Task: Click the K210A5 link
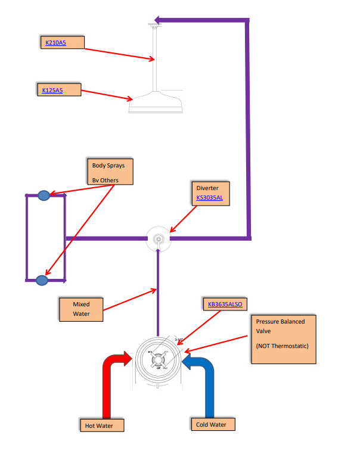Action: (55, 43)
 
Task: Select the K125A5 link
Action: (52, 91)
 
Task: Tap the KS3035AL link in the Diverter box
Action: (209, 197)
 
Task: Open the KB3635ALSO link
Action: (222, 305)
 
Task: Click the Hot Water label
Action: (104, 425)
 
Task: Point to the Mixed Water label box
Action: (81, 309)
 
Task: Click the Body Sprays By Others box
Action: (108, 172)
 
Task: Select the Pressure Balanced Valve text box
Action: (283, 339)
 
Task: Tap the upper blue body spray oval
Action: (44, 195)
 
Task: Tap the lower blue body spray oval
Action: (41, 279)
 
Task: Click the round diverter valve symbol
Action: (159, 239)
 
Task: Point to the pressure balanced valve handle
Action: (159, 361)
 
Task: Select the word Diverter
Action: (206, 188)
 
